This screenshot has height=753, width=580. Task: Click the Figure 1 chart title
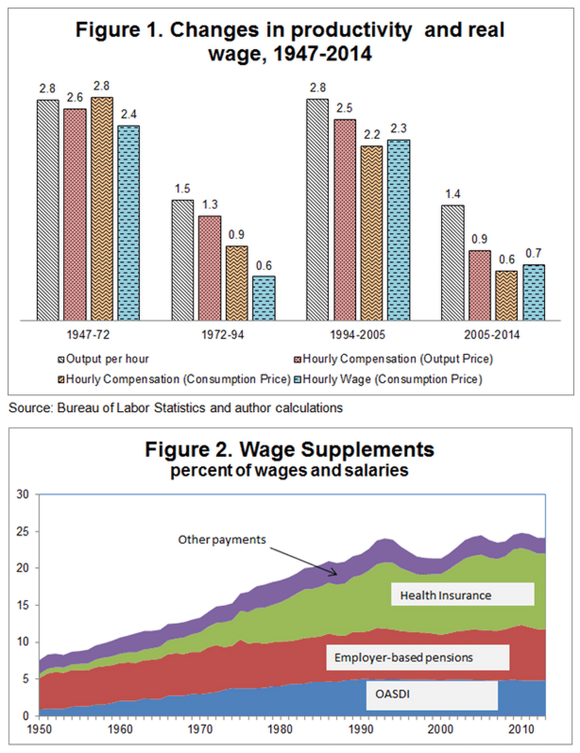pyautogui.click(x=290, y=42)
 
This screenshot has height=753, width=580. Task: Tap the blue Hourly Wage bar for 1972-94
pyautogui.click(x=264, y=298)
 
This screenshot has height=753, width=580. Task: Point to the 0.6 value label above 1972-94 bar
pyautogui.click(x=264, y=265)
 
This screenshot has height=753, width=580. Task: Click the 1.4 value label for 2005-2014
pyautogui.click(x=452, y=194)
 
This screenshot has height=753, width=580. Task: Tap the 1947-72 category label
pyautogui.click(x=89, y=333)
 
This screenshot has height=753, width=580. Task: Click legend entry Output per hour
pyautogui.click(x=110, y=359)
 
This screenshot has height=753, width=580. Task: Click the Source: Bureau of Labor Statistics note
pyautogui.click(x=175, y=408)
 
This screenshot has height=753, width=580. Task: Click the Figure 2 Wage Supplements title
pyautogui.click(x=290, y=449)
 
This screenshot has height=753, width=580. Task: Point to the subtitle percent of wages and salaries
pyautogui.click(x=290, y=470)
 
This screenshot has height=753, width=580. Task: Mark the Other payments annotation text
pyautogui.click(x=223, y=540)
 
